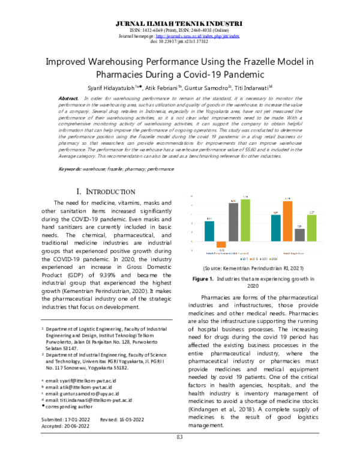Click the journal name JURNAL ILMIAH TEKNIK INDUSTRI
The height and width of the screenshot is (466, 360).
[180, 22]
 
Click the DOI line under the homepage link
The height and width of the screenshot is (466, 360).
[180, 42]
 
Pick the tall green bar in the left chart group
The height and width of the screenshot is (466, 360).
[245, 219]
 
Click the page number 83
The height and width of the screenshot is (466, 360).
[179, 453]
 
